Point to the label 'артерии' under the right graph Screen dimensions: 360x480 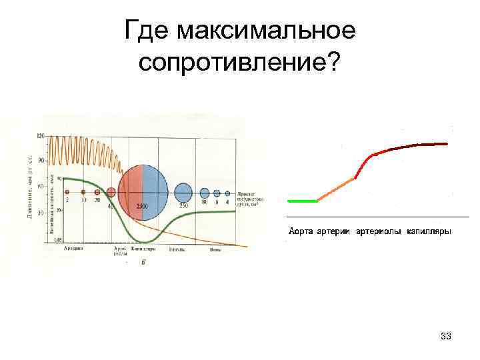[x=333, y=232]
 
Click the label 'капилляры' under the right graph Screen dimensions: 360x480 [x=429, y=232]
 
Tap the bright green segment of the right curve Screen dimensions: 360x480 [x=302, y=200]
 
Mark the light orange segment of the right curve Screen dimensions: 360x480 [x=337, y=189]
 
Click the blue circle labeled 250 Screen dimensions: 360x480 [x=183, y=193]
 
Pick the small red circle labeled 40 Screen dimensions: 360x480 [x=111, y=193]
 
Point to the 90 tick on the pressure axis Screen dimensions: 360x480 [x=40, y=161]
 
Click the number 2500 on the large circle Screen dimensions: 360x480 [x=142, y=207]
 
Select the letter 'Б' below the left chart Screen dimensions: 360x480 [x=143, y=262]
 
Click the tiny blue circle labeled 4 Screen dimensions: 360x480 [x=227, y=193]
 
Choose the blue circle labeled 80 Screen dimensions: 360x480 [x=205, y=193]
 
